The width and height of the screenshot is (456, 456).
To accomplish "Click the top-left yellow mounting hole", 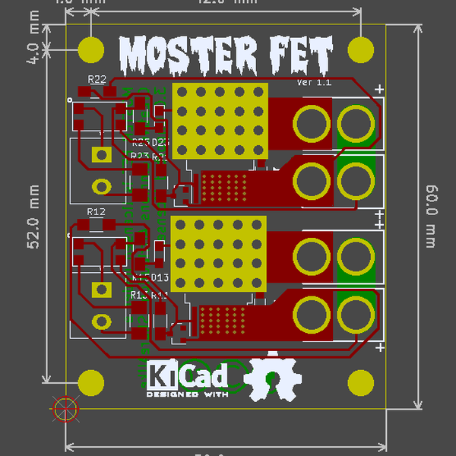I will click(x=91, y=49).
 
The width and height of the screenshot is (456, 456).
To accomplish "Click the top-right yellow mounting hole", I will click(x=360, y=49).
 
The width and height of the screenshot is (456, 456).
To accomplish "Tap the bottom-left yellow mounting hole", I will click(x=91, y=384).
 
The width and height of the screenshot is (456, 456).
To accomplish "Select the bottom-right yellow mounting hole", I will click(x=360, y=384).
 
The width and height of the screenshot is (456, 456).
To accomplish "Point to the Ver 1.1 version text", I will click(x=314, y=82).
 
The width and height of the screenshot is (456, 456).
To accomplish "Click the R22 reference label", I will click(x=97, y=79).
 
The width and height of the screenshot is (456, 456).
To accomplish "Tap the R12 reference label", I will click(x=97, y=211).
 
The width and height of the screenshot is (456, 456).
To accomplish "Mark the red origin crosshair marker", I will click(x=65, y=410).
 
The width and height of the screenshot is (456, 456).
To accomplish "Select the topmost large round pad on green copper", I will click(x=355, y=122).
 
